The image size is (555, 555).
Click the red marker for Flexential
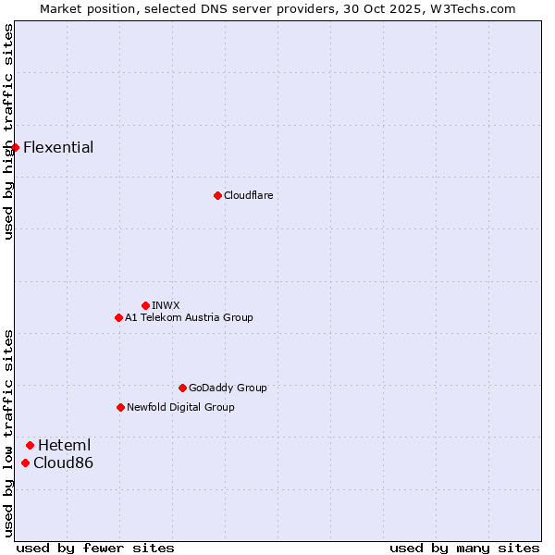(15, 147)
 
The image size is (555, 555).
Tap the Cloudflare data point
(217, 195)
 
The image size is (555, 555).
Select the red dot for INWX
(145, 305)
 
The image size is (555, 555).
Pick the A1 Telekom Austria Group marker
(118, 317)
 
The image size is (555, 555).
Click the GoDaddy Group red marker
(182, 388)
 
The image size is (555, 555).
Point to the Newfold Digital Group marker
(120, 407)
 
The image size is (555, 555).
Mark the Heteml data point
(30, 445)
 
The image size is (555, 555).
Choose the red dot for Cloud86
(25, 462)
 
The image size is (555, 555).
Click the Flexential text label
(58, 147)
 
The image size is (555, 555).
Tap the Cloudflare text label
(248, 195)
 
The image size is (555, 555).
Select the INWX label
(166, 305)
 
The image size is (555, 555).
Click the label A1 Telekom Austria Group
(189, 317)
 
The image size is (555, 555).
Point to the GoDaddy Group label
(228, 388)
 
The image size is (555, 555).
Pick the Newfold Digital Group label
(180, 407)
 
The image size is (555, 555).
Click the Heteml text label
(64, 445)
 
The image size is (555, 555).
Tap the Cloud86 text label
(63, 462)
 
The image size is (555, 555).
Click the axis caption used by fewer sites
(95, 548)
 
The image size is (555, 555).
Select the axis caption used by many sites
(464, 548)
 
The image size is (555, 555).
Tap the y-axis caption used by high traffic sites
(8, 131)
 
